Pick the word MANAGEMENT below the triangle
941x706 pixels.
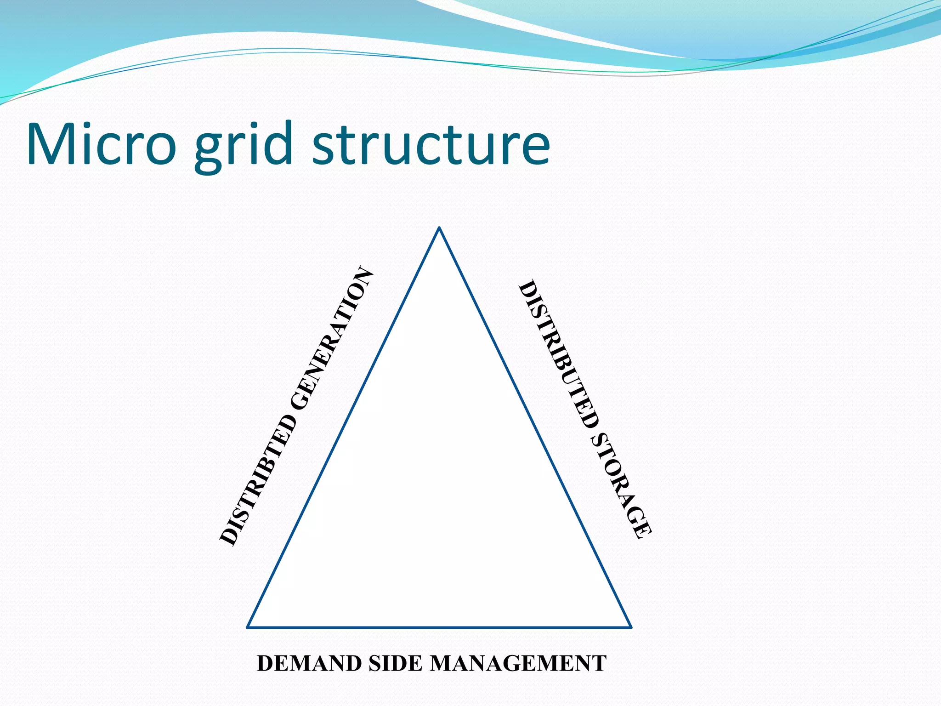pos(518,663)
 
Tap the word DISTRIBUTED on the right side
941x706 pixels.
pos(558,354)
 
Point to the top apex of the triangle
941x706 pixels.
pos(439,228)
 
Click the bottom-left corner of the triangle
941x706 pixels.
pos(248,627)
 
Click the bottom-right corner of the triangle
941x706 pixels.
pos(631,627)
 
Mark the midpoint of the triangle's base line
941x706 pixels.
pos(439,627)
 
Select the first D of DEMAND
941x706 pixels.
pos(266,663)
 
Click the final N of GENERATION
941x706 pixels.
pos(364,276)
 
